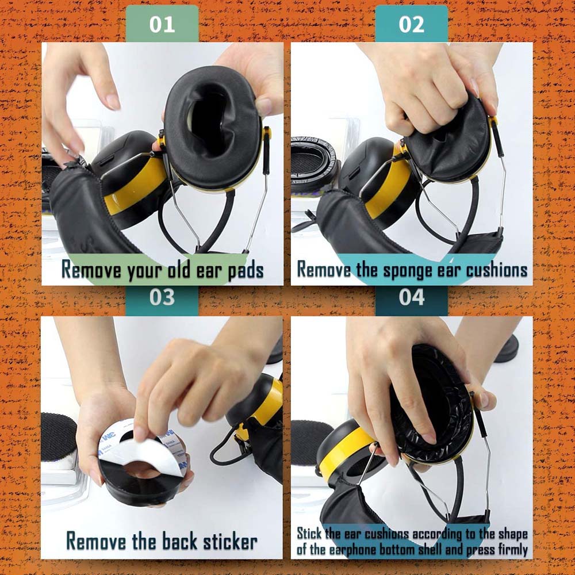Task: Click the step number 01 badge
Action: click(162, 24)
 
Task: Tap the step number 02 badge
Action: click(411, 24)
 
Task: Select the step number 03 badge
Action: click(162, 297)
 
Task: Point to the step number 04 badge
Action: click(411, 297)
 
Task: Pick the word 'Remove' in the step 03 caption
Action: click(97, 541)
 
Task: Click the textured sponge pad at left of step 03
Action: click(57, 437)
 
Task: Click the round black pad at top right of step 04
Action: click(506, 348)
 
